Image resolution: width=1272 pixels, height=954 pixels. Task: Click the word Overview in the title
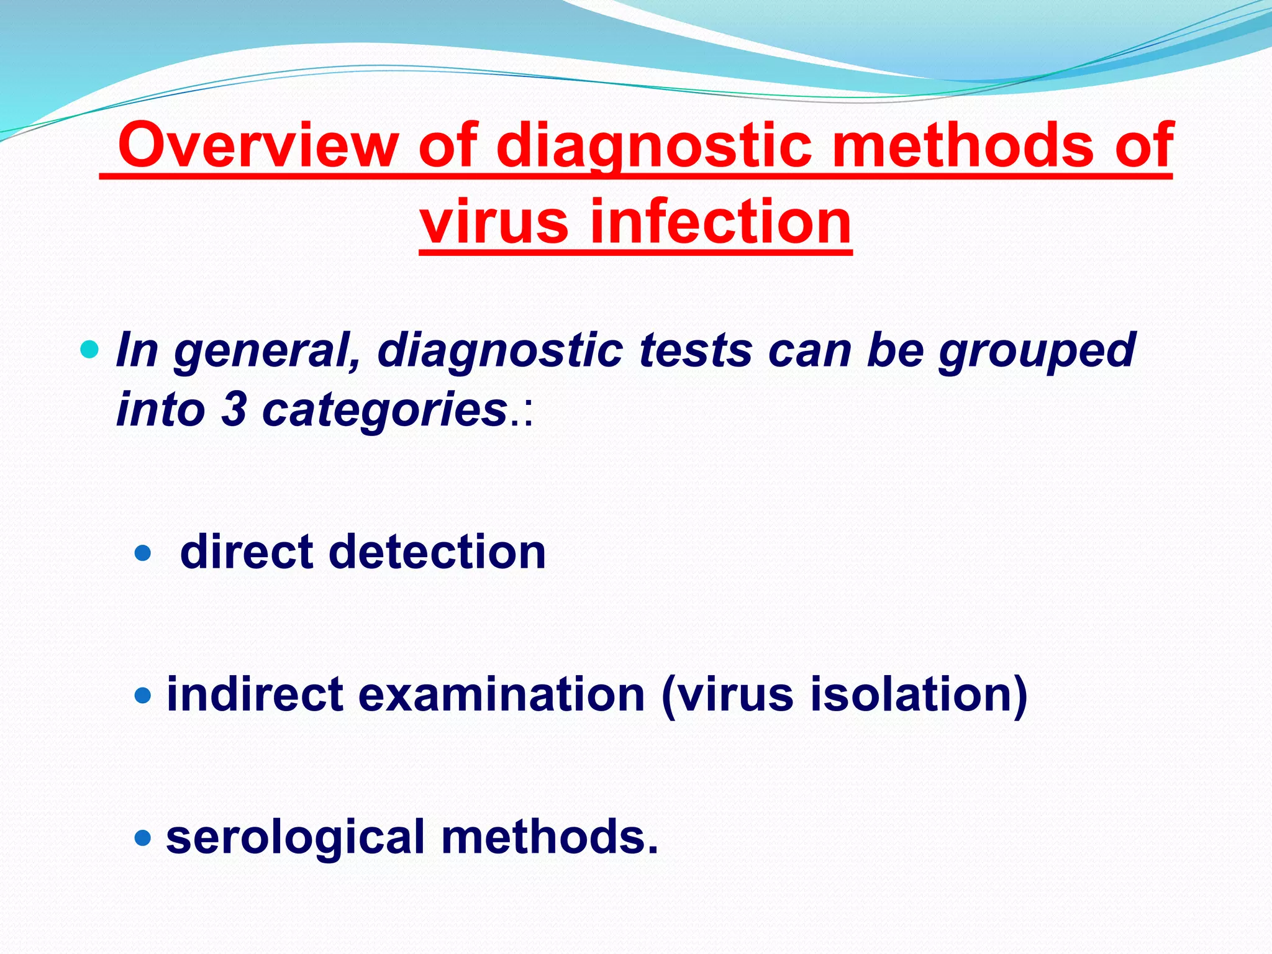(x=257, y=145)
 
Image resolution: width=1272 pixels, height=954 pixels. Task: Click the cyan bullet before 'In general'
(x=89, y=350)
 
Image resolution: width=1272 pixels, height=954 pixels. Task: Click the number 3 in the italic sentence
(x=234, y=410)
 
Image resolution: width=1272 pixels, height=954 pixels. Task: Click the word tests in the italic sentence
(x=695, y=350)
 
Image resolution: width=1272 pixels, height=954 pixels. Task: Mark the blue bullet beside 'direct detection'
(x=143, y=552)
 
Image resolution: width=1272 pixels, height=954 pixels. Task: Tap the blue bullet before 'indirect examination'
(x=143, y=695)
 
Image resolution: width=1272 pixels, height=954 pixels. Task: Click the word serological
(x=296, y=837)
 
